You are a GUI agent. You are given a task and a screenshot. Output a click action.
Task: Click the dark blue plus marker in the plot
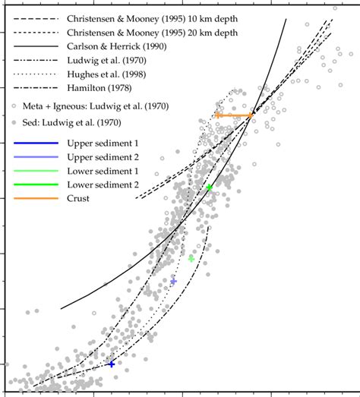click(111, 364)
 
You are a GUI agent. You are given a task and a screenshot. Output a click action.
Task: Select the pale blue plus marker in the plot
click(174, 282)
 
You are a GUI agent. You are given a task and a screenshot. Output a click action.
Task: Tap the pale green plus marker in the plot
click(191, 259)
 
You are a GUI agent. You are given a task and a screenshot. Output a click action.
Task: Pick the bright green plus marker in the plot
click(209, 187)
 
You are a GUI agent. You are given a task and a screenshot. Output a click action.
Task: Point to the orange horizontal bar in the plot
click(234, 115)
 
